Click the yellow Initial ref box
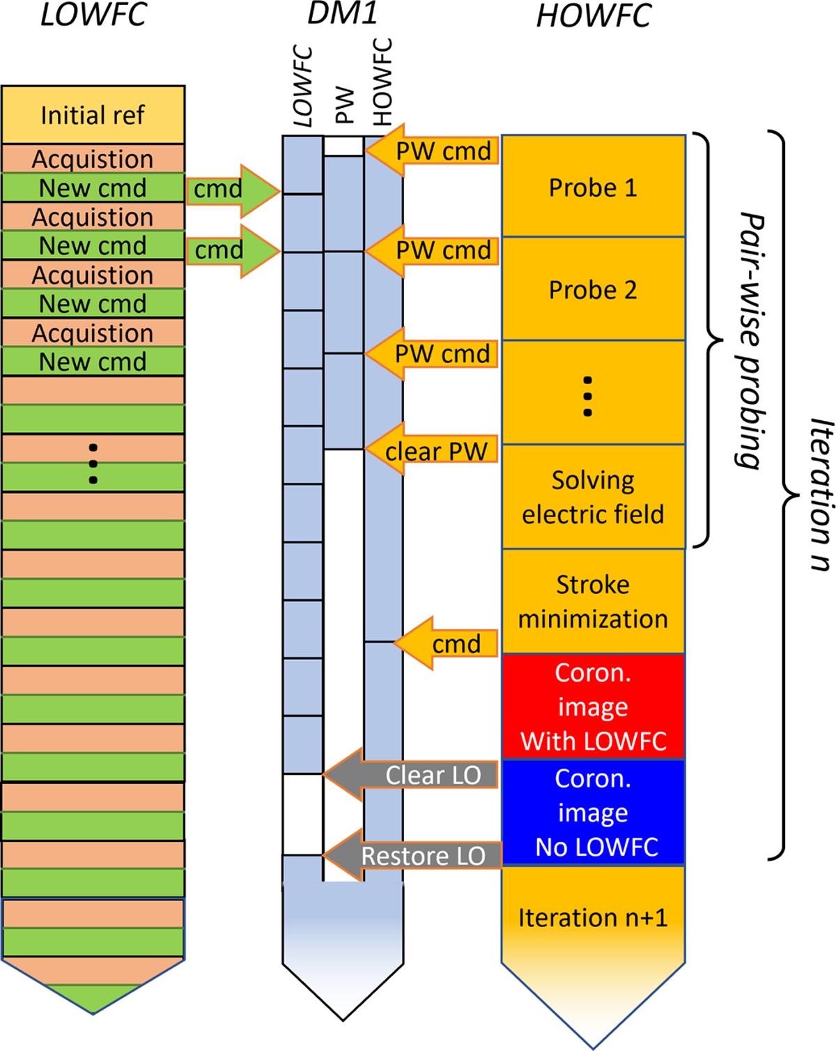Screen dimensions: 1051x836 (x=93, y=115)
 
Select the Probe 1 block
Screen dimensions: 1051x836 (x=593, y=187)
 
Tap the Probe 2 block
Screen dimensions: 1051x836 (x=593, y=289)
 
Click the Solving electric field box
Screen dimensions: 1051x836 (x=593, y=497)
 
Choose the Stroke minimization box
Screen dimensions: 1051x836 (x=593, y=601)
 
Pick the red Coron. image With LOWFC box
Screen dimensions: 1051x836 (x=593, y=706)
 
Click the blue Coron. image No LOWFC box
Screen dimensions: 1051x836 (x=593, y=812)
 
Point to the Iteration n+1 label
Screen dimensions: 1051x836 (x=593, y=917)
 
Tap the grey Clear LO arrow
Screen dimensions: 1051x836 (x=418, y=774)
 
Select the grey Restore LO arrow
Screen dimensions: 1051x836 (x=418, y=855)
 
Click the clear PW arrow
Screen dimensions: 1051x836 (x=435, y=450)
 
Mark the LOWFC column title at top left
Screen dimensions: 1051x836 (x=93, y=15)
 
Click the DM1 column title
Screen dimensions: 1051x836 (x=342, y=13)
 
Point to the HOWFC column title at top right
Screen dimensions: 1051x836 (x=594, y=16)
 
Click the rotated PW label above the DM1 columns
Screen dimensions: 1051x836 (x=344, y=105)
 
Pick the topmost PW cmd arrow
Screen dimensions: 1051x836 (x=439, y=151)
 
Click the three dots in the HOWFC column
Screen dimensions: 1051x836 (x=588, y=397)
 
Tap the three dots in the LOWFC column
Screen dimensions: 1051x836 (x=93, y=463)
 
